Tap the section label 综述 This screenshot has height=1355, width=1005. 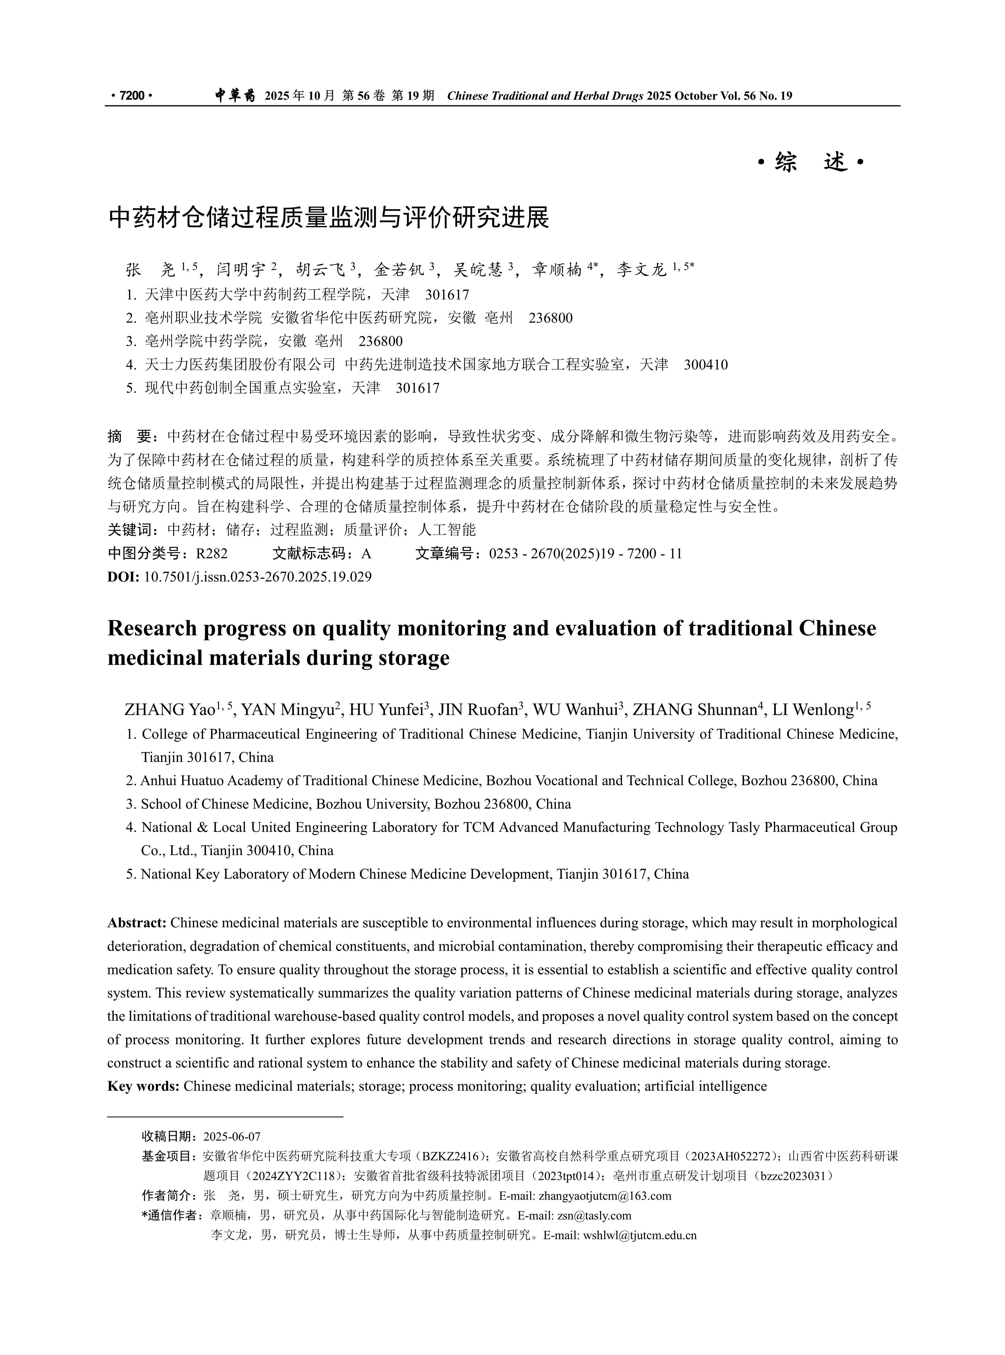tap(811, 163)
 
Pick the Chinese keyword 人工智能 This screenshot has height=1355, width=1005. tap(447, 530)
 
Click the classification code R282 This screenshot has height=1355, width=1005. tap(212, 553)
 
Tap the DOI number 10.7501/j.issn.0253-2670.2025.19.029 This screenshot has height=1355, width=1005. tap(257, 577)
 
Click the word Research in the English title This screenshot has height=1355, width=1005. tap(152, 628)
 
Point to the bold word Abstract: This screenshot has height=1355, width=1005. tap(137, 923)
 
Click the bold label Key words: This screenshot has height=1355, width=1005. tap(143, 1086)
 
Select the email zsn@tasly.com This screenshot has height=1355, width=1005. tap(594, 1216)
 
